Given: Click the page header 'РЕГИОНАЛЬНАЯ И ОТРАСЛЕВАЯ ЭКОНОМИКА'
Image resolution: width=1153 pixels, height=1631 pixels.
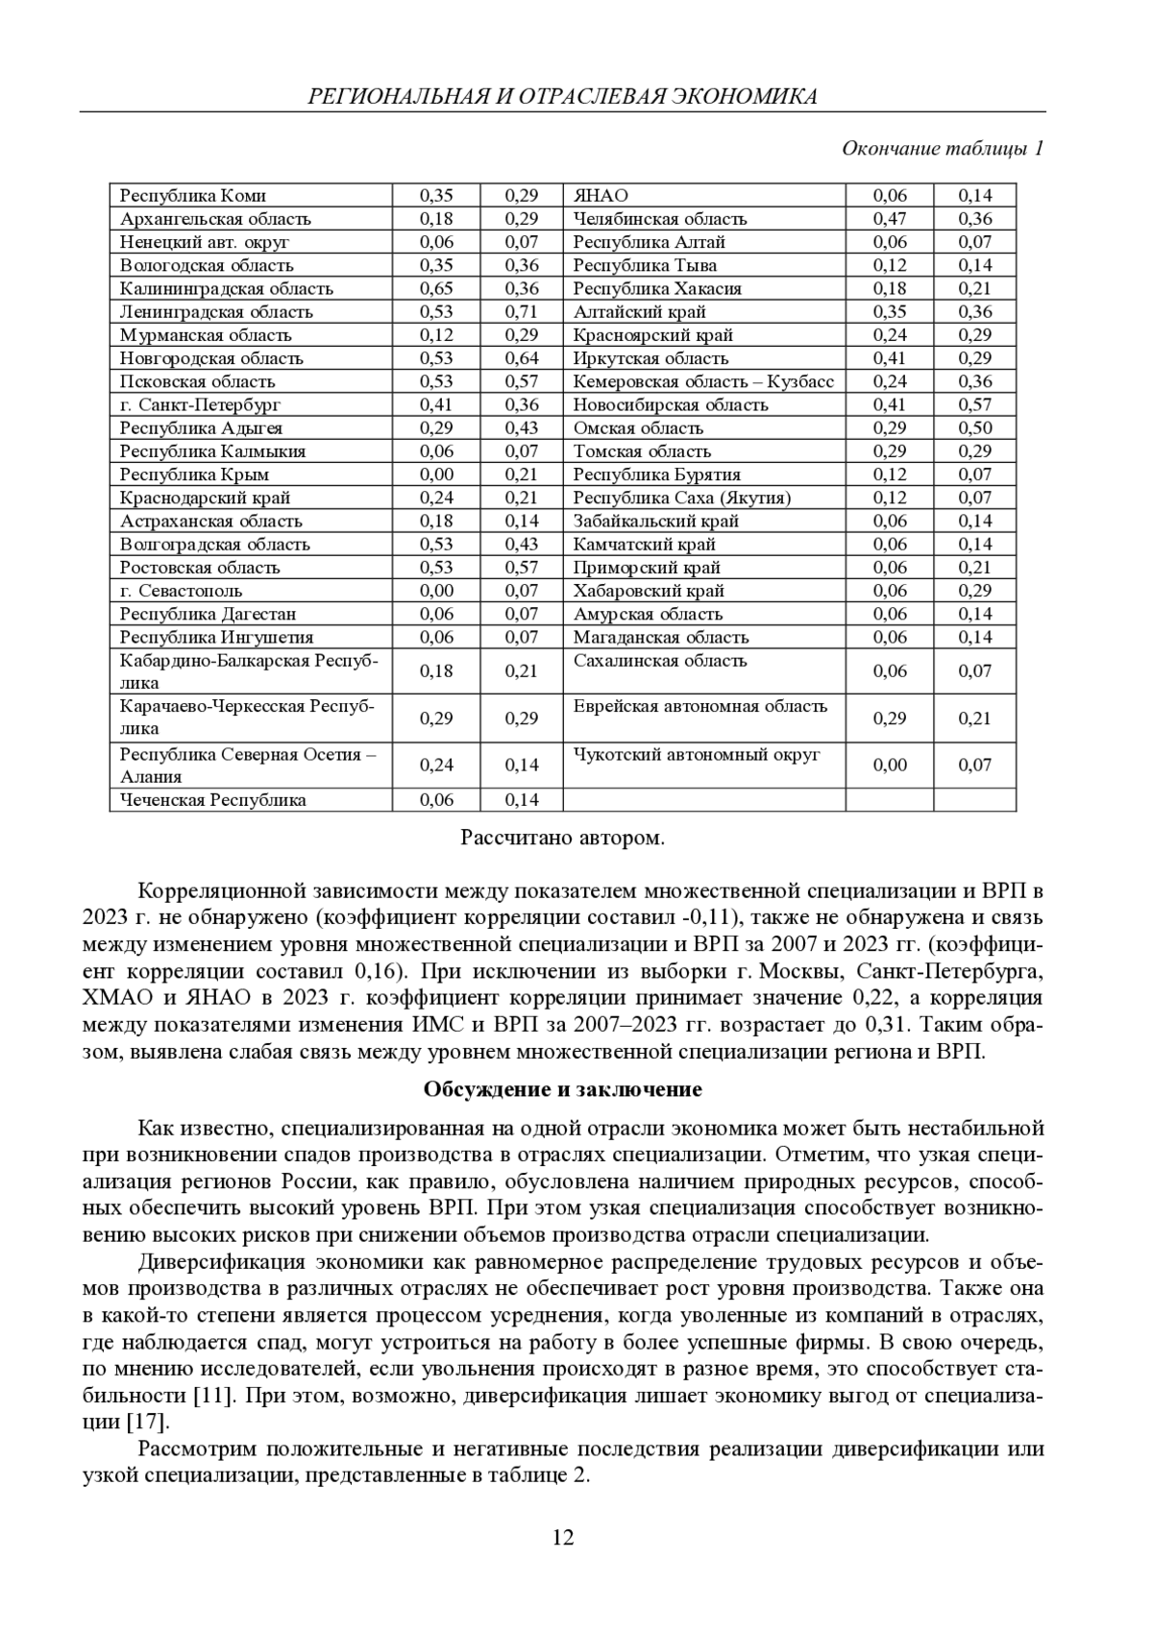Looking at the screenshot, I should point(562,96).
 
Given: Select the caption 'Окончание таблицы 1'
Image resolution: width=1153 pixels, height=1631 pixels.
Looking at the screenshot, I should point(943,149).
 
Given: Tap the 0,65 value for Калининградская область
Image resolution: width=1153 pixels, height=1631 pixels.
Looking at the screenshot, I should point(436,289).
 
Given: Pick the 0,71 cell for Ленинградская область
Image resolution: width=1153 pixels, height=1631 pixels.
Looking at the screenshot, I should point(522,312).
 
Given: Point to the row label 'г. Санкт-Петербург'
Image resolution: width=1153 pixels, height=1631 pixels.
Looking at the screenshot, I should point(200,405).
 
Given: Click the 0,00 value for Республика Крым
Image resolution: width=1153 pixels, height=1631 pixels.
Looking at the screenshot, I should point(436,475).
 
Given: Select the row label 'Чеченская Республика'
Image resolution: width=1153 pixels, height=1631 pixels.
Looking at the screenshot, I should point(213,800).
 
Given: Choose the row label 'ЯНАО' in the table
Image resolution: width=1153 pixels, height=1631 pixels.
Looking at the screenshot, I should point(601,196).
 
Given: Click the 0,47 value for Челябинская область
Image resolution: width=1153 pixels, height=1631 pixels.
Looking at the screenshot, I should point(889,219).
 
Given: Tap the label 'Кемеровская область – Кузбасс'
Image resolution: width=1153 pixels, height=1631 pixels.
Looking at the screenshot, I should point(703,381).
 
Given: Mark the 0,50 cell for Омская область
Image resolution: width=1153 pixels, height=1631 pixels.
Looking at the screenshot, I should point(974,428).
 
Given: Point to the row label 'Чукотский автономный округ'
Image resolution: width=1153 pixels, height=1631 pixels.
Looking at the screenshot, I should point(697,755).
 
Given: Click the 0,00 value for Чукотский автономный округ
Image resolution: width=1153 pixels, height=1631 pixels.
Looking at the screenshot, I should point(889,766).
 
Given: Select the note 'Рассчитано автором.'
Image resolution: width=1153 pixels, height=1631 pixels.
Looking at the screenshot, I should point(562,839).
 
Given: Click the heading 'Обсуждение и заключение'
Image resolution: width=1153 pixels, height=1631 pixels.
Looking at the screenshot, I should point(562,1090).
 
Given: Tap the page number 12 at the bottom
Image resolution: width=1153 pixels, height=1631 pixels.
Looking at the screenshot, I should point(563,1538).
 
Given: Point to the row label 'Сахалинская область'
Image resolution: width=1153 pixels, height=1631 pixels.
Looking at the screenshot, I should point(660,661).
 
